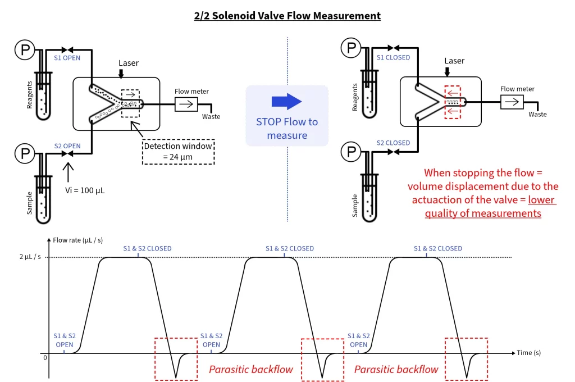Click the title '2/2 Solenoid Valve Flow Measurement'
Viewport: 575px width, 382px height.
click(287, 16)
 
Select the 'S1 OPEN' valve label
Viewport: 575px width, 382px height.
click(67, 57)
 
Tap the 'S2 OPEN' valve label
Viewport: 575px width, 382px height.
click(67, 146)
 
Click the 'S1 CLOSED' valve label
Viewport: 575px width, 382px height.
click(393, 57)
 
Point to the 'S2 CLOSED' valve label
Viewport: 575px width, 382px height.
click(393, 143)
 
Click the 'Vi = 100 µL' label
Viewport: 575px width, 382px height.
click(84, 190)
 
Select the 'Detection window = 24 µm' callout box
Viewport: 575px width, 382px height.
click(178, 151)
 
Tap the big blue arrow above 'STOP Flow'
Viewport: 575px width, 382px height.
click(287, 102)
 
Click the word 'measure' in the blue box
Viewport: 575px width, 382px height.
click(286, 135)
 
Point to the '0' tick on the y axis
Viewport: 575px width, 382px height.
click(44, 357)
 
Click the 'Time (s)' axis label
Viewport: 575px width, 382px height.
click(532, 353)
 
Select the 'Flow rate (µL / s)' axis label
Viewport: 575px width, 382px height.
click(78, 240)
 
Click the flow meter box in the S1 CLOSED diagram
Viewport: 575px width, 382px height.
click(512, 102)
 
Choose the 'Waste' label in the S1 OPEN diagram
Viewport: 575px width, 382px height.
click(211, 117)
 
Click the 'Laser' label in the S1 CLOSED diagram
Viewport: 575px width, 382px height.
click(454, 61)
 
